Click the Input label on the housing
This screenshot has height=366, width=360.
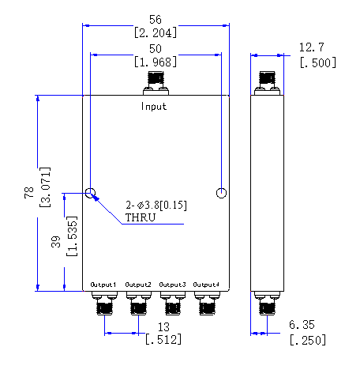pos(154,107)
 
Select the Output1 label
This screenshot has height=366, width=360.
pos(103,285)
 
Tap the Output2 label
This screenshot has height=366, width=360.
pos(138,285)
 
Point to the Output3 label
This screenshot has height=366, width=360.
pos(172,285)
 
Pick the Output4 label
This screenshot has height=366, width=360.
pos(206,285)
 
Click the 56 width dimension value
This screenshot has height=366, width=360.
pos(156,20)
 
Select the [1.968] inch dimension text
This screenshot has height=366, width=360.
pos(156,62)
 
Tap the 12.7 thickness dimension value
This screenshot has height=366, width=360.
pos(312,47)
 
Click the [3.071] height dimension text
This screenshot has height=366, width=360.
pos(45,187)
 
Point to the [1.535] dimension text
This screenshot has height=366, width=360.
pos(72,236)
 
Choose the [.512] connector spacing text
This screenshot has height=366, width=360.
pos(163,339)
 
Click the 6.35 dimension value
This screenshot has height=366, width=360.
pos(302,325)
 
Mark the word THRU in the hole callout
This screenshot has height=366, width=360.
pos(141,217)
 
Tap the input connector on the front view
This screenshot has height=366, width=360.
pos(156,83)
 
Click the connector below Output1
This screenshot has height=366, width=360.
pos(104,303)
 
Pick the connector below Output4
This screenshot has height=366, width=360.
pos(207,303)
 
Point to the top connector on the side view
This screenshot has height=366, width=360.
pos(267,83)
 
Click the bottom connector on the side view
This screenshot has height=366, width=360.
pos(267,303)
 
